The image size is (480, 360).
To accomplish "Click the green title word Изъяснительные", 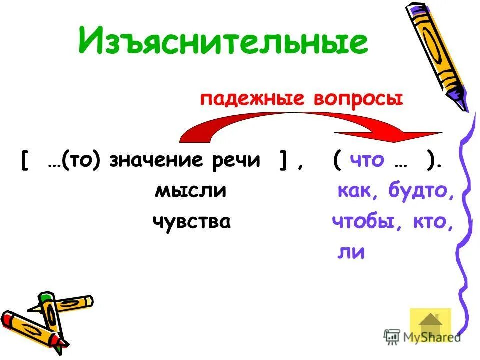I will (x=223, y=41).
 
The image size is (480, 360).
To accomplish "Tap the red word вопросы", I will (x=358, y=98).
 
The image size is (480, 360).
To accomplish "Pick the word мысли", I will (x=191, y=191).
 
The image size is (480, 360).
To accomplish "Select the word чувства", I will (x=192, y=221).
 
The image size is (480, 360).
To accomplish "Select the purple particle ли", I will (x=351, y=252).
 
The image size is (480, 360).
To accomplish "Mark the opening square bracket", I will (x=24, y=161).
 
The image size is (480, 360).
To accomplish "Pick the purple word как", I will (x=356, y=191).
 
